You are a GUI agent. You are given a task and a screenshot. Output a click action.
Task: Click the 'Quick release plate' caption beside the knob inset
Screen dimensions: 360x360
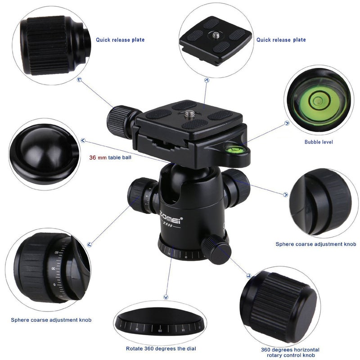[120, 40]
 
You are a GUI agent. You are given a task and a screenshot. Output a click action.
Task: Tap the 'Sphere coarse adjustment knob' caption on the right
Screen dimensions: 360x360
[316, 244]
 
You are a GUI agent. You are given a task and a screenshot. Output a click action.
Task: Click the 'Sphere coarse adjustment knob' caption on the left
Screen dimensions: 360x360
[51, 320]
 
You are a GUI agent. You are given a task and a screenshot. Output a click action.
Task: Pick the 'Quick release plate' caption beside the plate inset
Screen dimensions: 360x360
[281, 40]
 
